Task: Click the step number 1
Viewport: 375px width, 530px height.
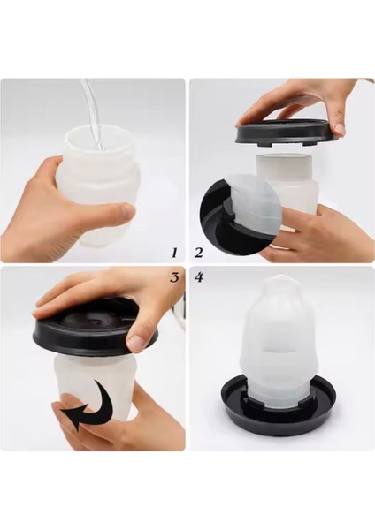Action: point(174,253)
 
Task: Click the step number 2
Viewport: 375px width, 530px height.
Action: point(198,253)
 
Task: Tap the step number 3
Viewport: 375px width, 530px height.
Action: point(174,277)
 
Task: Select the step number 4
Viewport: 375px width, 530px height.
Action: point(199,277)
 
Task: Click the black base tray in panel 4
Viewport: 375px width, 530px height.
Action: point(279,406)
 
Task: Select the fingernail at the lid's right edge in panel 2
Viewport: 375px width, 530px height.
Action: point(339,128)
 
